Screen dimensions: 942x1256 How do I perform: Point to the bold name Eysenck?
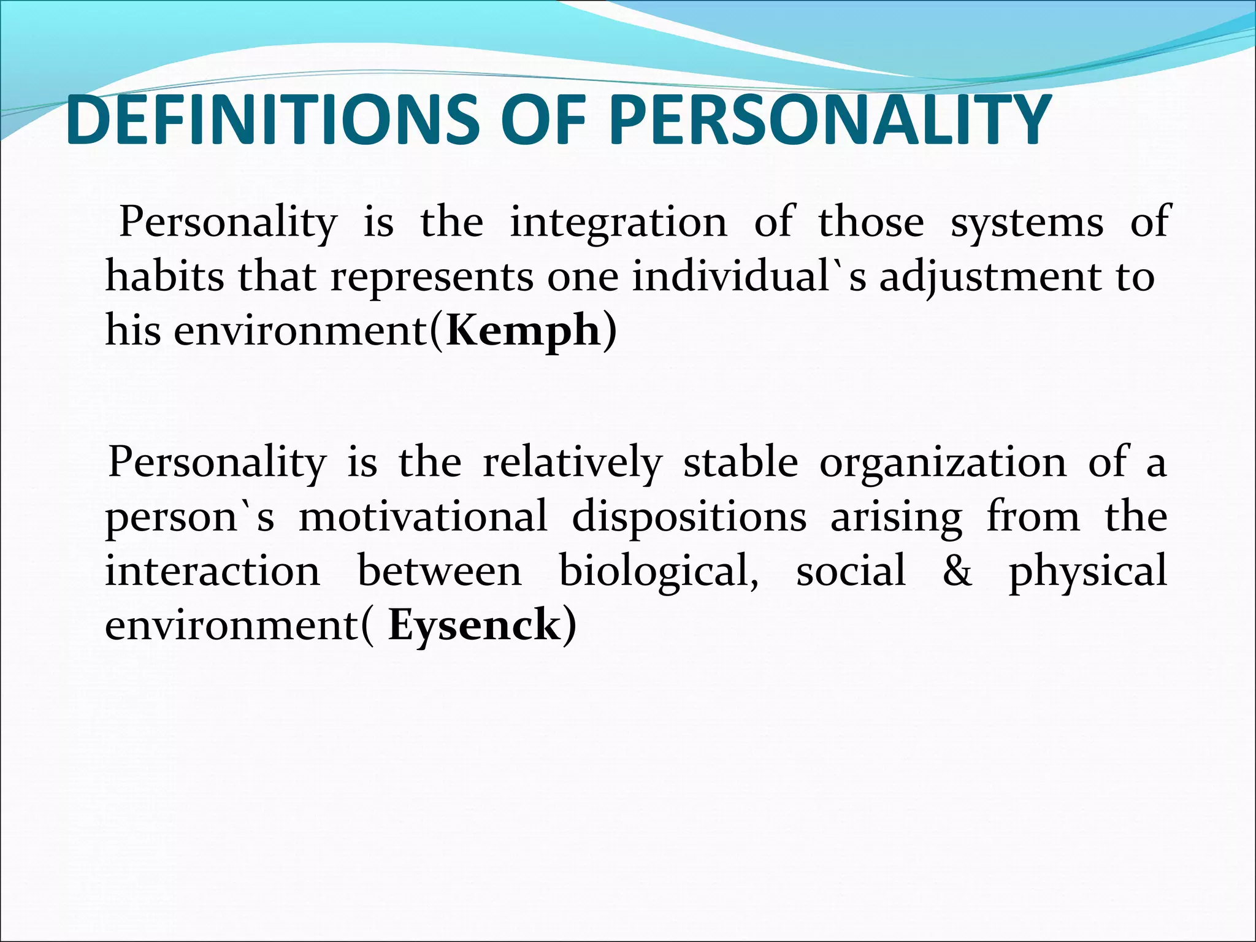[x=474, y=626]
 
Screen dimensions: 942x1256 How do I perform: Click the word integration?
[x=618, y=222]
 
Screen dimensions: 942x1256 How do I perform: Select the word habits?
[x=165, y=277]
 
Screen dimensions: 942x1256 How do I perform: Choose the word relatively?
[x=572, y=462]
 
